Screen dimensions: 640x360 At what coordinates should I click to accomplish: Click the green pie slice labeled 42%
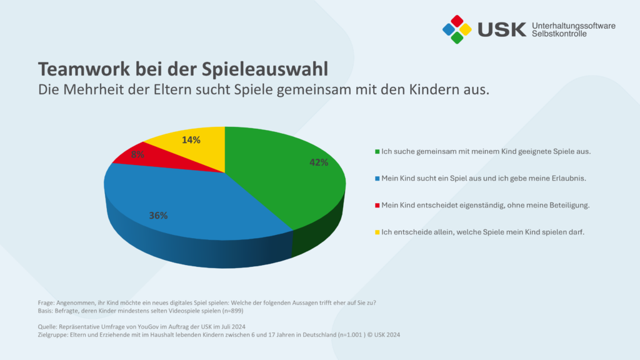286,179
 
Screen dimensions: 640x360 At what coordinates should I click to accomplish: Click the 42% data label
319,162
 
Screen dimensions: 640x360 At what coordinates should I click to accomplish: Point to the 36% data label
158,216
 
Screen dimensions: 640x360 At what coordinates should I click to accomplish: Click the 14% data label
191,140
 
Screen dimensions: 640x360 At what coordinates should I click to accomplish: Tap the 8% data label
137,154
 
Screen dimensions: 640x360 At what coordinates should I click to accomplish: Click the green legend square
377,151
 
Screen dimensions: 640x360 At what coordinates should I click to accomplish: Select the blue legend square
377,178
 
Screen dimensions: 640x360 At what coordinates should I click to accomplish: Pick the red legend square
377,205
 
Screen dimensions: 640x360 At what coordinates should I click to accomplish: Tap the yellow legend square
377,232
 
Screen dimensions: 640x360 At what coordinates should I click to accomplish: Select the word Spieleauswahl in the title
265,70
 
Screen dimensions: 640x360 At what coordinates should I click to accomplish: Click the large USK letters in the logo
502,29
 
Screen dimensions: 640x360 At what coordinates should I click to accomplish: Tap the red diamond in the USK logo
457,21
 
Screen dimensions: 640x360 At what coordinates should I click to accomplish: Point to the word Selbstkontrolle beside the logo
559,34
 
